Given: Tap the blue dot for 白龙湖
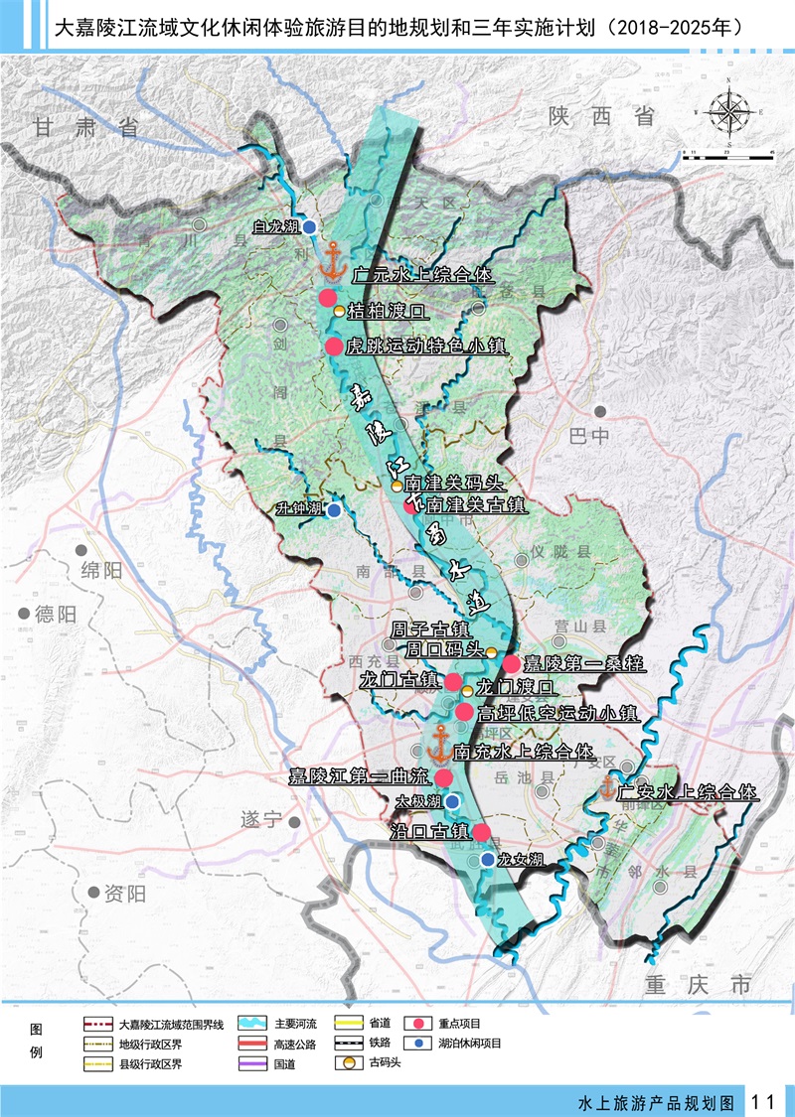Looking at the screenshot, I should click(309, 227).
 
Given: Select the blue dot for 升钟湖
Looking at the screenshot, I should click(335, 510).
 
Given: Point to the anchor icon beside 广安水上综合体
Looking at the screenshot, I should click(606, 788).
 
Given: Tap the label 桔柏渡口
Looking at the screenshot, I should click(386, 312).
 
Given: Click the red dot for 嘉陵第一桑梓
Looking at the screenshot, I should click(511, 663).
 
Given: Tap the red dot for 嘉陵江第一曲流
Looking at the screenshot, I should click(444, 777).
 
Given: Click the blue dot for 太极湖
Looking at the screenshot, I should click(452, 801).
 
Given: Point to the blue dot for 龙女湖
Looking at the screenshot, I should click(487, 860).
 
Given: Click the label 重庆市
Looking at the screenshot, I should click(698, 985).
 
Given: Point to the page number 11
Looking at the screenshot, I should click(764, 1101).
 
